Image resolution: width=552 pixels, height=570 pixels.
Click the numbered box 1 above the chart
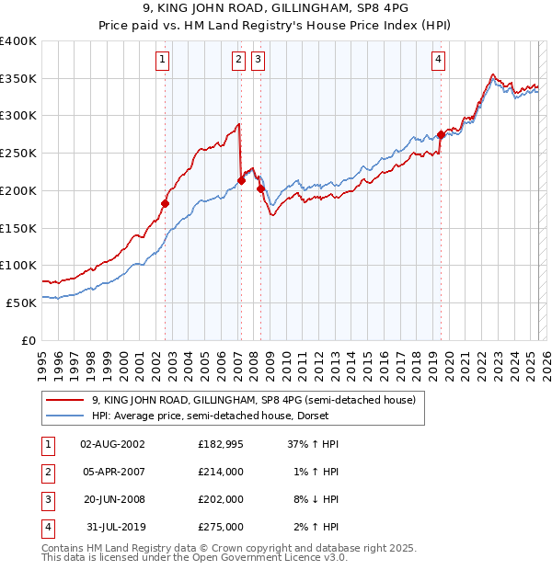point(162,61)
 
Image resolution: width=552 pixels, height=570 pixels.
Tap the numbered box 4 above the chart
point(439,61)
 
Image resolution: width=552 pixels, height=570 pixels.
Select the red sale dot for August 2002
point(166,203)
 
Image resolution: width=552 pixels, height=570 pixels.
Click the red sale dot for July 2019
point(441,134)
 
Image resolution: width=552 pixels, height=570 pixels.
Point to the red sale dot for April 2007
point(241,180)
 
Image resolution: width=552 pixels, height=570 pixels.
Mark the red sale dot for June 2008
point(260,189)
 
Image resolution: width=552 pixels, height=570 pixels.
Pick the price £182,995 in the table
point(220,444)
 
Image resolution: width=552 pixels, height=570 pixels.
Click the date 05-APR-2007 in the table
point(113,472)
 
